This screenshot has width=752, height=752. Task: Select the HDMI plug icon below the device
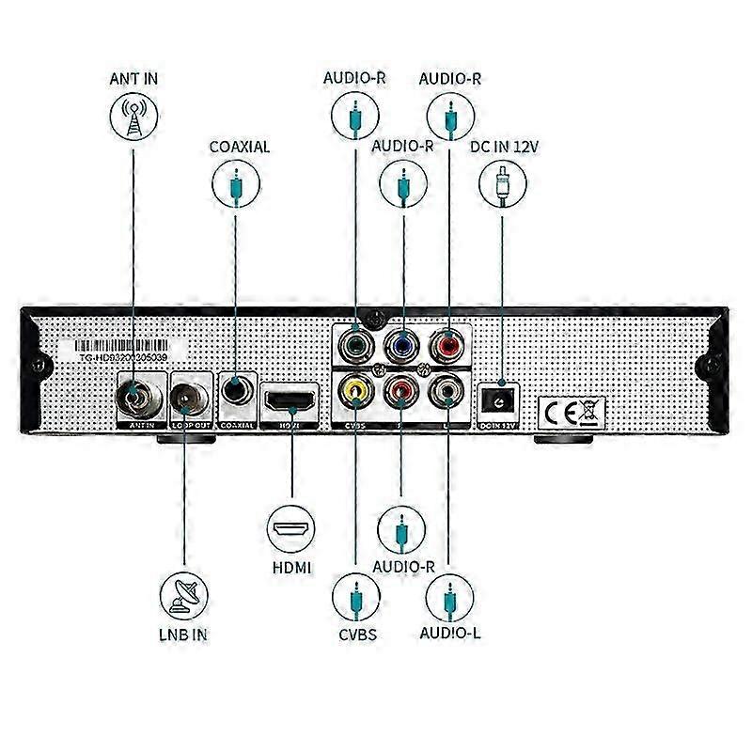point(291,529)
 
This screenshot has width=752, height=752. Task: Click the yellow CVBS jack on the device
point(355,388)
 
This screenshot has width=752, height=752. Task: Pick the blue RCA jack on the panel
point(403,344)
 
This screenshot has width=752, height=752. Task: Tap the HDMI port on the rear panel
point(291,401)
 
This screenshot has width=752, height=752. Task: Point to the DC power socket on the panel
point(500,401)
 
